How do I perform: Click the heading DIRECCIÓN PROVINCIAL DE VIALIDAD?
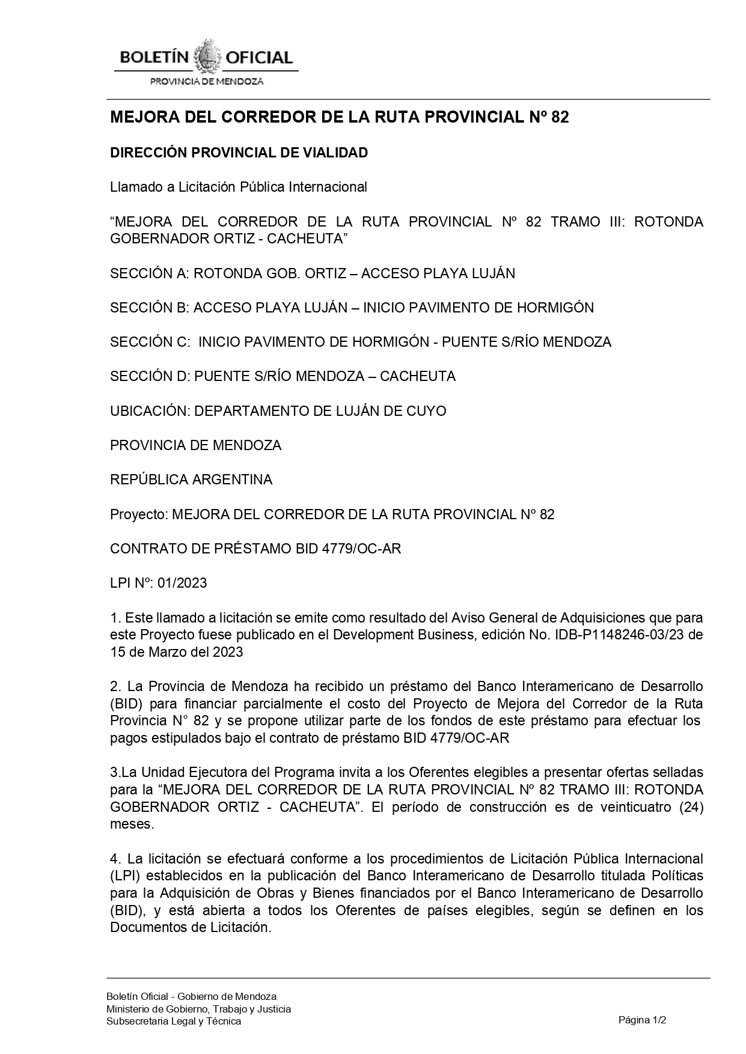click(239, 153)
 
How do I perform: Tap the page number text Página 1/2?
click(643, 1020)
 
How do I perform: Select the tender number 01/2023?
click(182, 583)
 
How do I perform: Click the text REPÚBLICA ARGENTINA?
click(191, 480)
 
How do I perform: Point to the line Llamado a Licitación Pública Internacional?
click(239, 187)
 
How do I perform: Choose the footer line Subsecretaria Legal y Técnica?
click(174, 1021)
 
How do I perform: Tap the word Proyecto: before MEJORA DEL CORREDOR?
click(139, 514)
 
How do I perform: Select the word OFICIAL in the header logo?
click(258, 58)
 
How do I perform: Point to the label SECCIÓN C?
click(150, 342)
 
